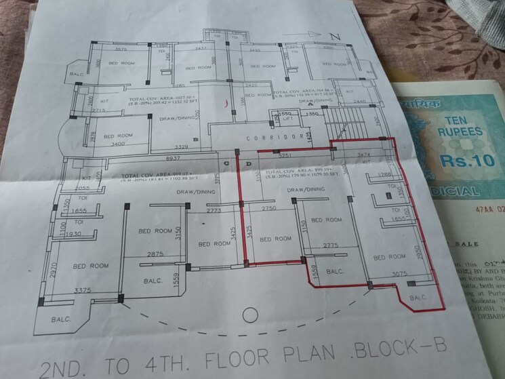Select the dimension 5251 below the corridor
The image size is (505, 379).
[285, 155]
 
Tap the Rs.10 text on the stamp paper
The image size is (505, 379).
[459, 161]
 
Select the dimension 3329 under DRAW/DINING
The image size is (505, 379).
[179, 146]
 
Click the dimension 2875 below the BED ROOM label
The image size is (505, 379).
[156, 254]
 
